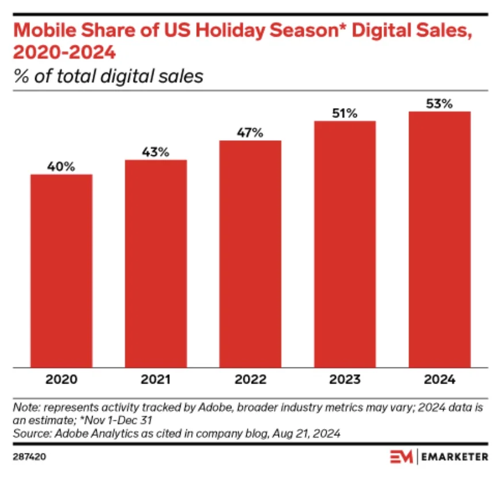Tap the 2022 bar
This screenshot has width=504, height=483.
(250, 253)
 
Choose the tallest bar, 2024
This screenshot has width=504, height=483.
(440, 239)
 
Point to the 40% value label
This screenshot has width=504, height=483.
(62, 167)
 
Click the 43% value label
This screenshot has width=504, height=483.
(156, 152)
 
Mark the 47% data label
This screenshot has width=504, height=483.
(250, 133)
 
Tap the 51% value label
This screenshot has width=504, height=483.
(345, 113)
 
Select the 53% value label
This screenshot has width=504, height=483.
(440, 104)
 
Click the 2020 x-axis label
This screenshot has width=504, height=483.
(62, 380)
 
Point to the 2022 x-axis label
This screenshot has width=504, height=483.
(250, 380)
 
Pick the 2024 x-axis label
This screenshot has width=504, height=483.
(440, 380)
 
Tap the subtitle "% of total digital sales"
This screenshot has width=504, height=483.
(109, 76)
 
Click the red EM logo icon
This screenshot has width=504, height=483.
(400, 457)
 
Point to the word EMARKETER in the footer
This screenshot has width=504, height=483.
(455, 457)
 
